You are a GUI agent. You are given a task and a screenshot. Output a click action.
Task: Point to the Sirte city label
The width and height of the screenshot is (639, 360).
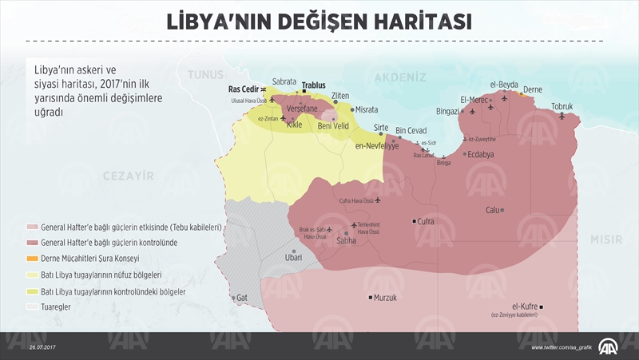[381, 128]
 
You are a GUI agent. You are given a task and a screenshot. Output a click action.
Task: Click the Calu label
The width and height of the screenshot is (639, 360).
[492, 210]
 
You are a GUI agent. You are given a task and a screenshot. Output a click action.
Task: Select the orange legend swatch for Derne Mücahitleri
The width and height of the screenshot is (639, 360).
[32, 259]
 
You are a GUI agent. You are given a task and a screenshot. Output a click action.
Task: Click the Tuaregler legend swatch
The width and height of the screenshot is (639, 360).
[32, 306]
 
